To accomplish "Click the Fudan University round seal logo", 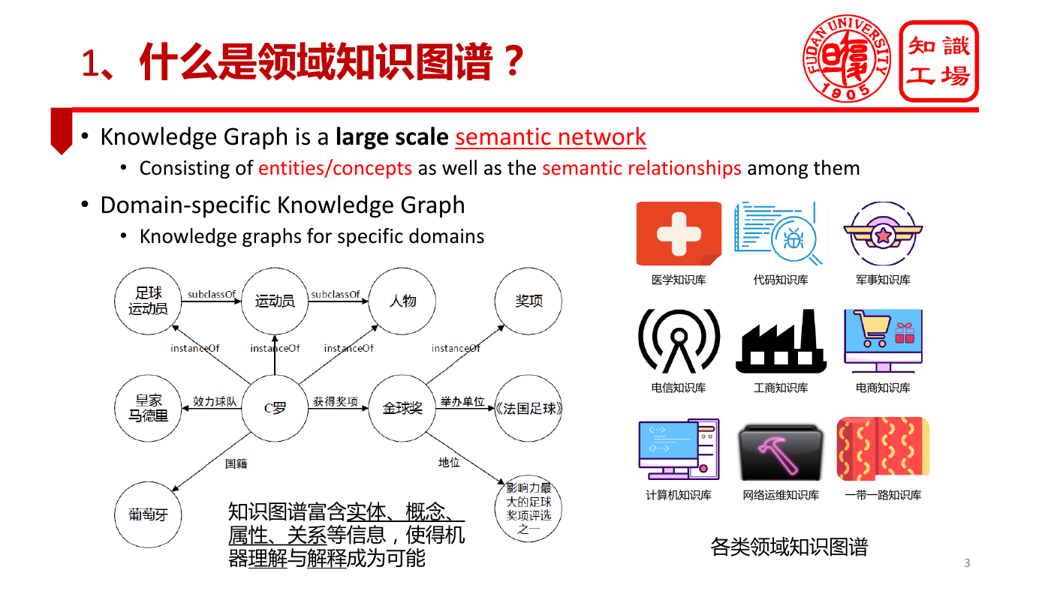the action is pyautogui.click(x=847, y=58).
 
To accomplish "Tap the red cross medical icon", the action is pyautogui.click(x=679, y=233).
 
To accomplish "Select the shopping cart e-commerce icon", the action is pyautogui.click(x=883, y=340).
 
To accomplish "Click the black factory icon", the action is pyautogui.click(x=781, y=340).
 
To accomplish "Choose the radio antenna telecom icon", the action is pyautogui.click(x=679, y=340).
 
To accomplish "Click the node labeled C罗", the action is pyautogui.click(x=275, y=408).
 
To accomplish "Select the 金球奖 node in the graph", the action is pyautogui.click(x=402, y=408).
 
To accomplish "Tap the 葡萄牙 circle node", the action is pyautogui.click(x=148, y=514).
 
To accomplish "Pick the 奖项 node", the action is pyautogui.click(x=529, y=301).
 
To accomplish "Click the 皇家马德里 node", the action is pyautogui.click(x=148, y=408).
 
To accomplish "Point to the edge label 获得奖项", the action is pyautogui.click(x=336, y=402).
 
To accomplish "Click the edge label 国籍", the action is pyautogui.click(x=236, y=463).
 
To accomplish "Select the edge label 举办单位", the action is pyautogui.click(x=462, y=402).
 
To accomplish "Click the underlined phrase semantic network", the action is pyautogui.click(x=550, y=136).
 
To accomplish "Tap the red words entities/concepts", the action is pyautogui.click(x=335, y=168).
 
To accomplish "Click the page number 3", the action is pyautogui.click(x=967, y=563).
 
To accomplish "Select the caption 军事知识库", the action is pyautogui.click(x=883, y=280).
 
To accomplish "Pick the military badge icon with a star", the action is pyautogui.click(x=883, y=233).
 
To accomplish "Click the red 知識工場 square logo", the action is pyautogui.click(x=939, y=61).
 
